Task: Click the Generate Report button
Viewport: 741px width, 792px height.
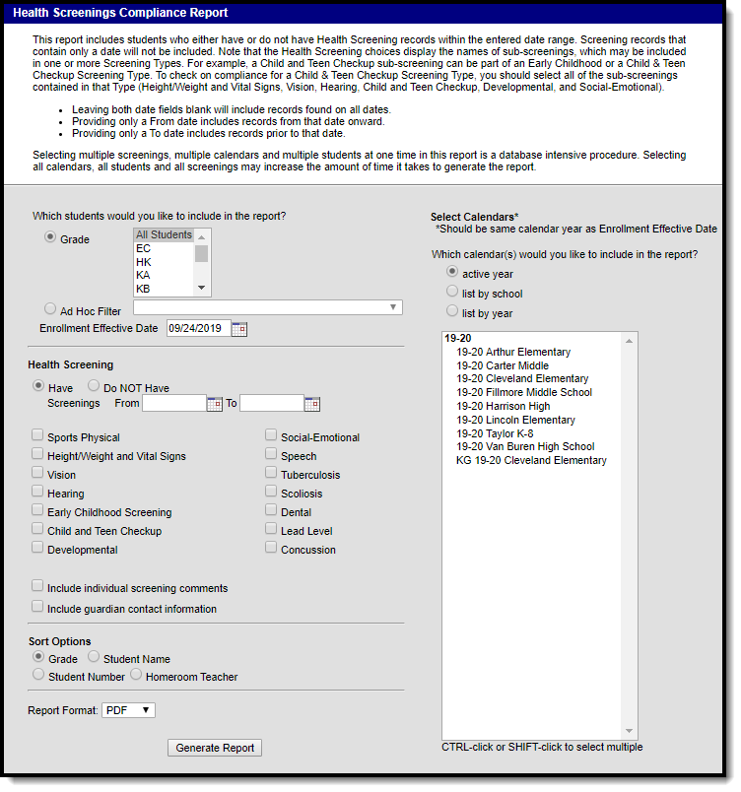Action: (214, 748)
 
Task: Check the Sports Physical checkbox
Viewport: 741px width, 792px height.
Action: (37, 436)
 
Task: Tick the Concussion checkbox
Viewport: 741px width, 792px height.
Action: (271, 549)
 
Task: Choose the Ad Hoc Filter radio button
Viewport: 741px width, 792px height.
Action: (50, 310)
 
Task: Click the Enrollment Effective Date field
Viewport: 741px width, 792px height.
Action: (197, 328)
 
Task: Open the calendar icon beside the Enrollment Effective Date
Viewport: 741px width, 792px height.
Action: (239, 329)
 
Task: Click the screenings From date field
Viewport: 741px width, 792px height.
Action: (173, 403)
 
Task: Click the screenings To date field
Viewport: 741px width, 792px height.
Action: (271, 403)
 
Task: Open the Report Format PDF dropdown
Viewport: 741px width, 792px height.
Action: (128, 709)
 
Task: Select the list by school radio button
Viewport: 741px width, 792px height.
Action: (452, 293)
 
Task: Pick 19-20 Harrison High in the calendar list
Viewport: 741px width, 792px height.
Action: (503, 406)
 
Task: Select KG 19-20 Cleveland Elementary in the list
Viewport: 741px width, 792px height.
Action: (531, 460)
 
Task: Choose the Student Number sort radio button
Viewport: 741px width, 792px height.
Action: (38, 676)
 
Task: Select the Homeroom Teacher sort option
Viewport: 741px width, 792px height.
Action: (137, 676)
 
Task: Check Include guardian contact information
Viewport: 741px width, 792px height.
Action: (37, 608)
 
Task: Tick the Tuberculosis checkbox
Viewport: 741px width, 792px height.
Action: (271, 474)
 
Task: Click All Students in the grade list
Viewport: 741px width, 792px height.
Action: (164, 234)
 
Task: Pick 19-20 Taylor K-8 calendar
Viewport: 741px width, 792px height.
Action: (495, 433)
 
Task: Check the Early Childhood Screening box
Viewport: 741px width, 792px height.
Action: (37, 511)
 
